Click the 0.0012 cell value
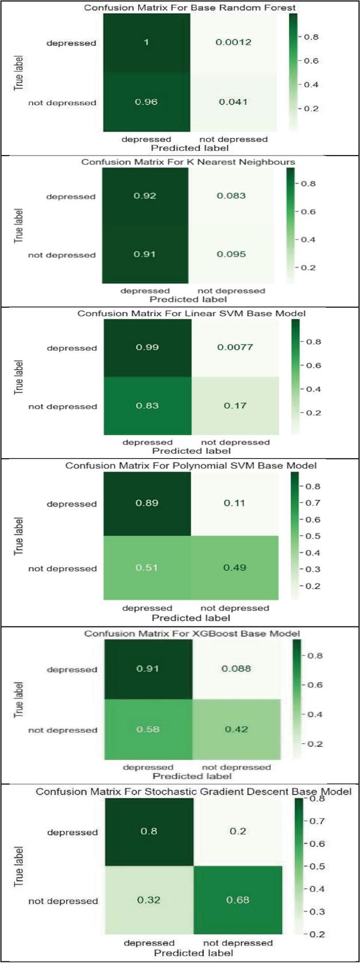click(x=234, y=42)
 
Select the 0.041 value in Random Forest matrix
click(x=233, y=102)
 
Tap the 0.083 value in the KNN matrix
click(x=231, y=196)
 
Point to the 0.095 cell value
click(x=232, y=254)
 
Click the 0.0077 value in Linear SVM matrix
click(x=235, y=347)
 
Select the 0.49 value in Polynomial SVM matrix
click(x=235, y=568)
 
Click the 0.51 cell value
click(x=146, y=568)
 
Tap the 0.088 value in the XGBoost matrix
click(x=237, y=669)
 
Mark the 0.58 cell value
click(x=148, y=730)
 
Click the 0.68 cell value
click(x=238, y=900)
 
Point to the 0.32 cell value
click(x=149, y=900)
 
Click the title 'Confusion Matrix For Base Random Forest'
click(x=190, y=8)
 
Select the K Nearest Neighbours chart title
click(x=188, y=162)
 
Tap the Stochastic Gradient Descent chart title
click(x=193, y=792)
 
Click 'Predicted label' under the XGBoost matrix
click(x=192, y=776)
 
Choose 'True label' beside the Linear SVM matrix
click(x=19, y=377)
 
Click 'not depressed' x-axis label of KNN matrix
click(x=231, y=291)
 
